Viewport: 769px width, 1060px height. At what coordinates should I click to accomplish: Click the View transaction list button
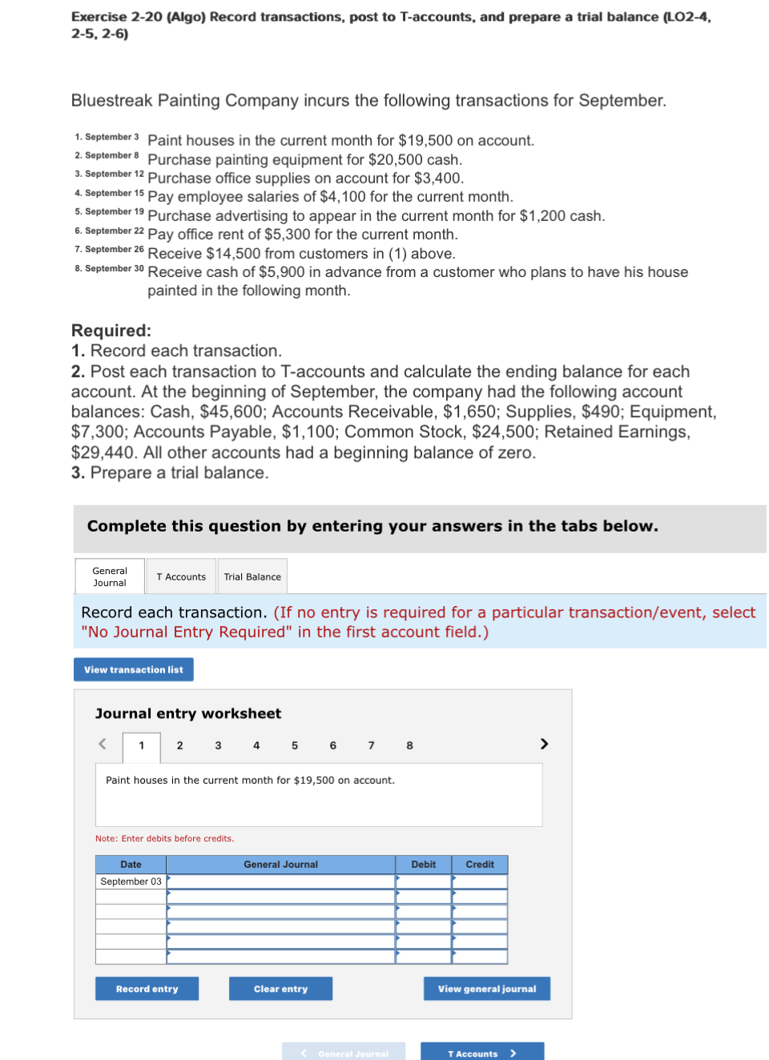click(x=134, y=669)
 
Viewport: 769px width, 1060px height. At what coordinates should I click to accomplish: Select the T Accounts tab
click(x=181, y=576)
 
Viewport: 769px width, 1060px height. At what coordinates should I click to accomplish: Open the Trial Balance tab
click(x=252, y=576)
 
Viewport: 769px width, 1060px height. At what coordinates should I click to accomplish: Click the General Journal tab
click(x=110, y=576)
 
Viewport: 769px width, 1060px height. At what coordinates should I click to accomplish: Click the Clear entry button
click(x=280, y=989)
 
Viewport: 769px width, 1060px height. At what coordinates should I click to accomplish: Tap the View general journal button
click(x=486, y=989)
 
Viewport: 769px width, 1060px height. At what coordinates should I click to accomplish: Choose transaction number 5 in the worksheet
click(x=295, y=745)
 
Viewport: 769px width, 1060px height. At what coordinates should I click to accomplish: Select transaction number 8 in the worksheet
click(x=409, y=745)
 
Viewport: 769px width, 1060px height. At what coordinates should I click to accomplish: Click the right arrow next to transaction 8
click(x=544, y=744)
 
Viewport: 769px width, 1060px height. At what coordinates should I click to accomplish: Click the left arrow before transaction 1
click(x=103, y=744)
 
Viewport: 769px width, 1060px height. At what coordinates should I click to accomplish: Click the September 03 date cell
click(x=131, y=881)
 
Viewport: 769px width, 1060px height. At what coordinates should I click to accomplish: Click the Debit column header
click(x=423, y=865)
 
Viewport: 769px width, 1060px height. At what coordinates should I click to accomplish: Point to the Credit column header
click(x=480, y=865)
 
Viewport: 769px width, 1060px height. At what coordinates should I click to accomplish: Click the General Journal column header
click(x=280, y=865)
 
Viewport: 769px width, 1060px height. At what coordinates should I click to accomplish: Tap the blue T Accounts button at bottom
click(x=482, y=1053)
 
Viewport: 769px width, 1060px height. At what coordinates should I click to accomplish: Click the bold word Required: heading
click(x=111, y=331)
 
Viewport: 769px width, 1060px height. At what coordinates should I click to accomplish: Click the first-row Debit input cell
click(x=423, y=881)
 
